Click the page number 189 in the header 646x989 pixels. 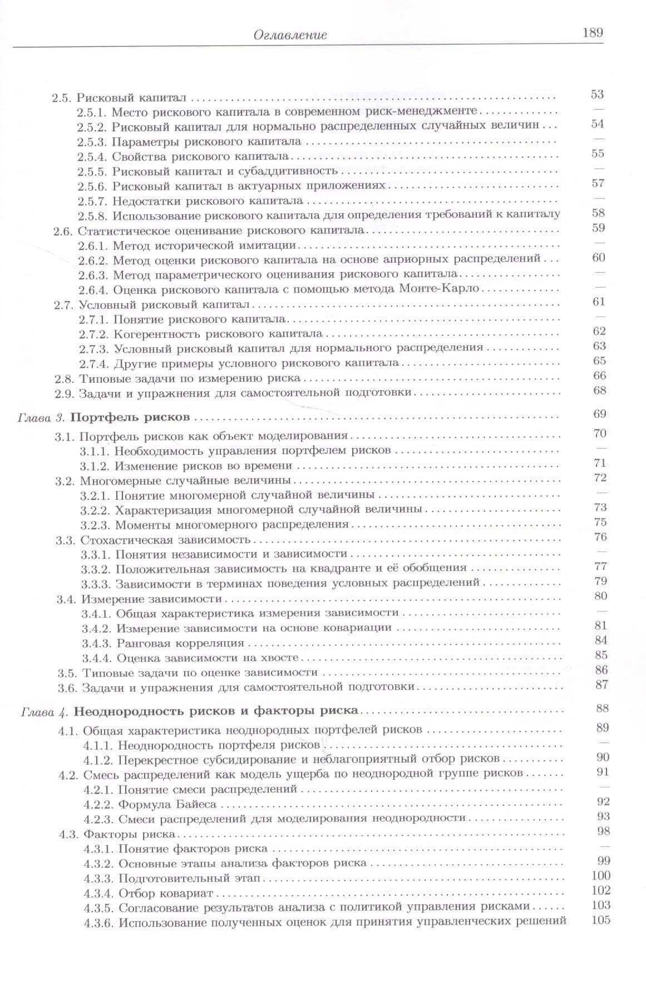pos(593,32)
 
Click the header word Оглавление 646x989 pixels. pos(290,35)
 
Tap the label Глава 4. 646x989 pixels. pos(44,711)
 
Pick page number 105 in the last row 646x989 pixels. pos(601,919)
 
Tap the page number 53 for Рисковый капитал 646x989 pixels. pos(597,94)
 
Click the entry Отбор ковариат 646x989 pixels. pos(166,894)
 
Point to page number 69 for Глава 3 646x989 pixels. pos(600,414)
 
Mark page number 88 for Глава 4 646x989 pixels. pos(601,708)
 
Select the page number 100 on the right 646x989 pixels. pos(601,875)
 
